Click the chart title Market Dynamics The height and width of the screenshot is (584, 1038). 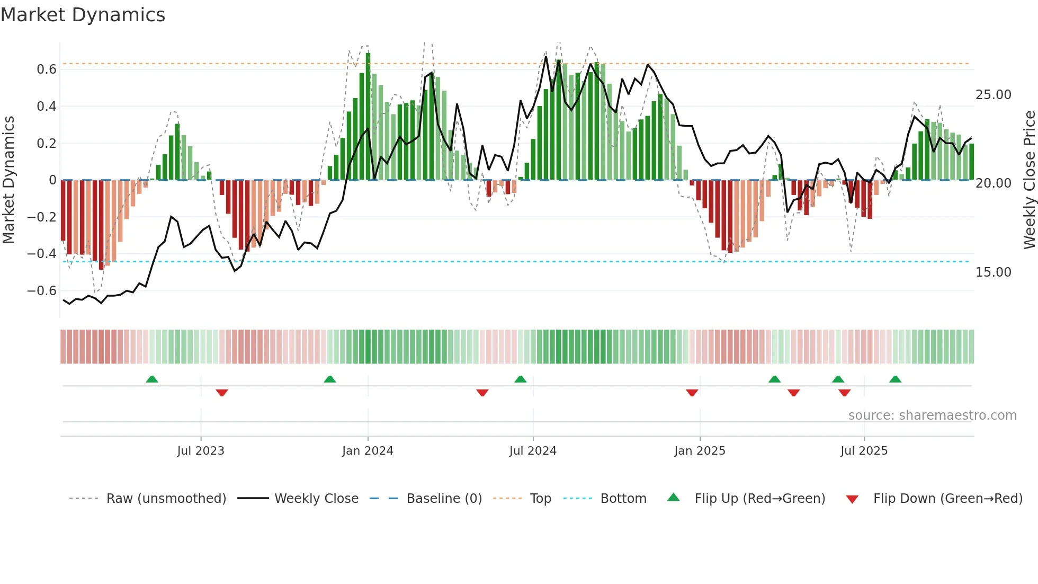[83, 15]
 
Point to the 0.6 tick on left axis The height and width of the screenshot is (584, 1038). [47, 69]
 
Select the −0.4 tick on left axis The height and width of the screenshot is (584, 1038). [42, 254]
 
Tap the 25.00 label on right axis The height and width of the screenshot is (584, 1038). [993, 95]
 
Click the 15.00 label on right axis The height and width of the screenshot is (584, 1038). [993, 272]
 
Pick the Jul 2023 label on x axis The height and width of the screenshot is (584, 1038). [201, 451]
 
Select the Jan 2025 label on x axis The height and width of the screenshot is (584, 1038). [700, 451]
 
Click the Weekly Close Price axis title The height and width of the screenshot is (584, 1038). [1029, 180]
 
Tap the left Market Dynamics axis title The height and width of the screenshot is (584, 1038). [9, 180]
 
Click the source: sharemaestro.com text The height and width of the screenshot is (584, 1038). [932, 415]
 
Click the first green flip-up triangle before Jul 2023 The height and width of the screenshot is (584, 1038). [152, 379]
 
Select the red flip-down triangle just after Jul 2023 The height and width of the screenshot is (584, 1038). [222, 393]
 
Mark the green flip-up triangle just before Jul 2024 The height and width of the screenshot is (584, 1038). [521, 379]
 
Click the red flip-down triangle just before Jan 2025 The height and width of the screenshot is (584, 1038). [692, 393]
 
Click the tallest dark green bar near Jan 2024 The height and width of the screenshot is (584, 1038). [368, 117]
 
